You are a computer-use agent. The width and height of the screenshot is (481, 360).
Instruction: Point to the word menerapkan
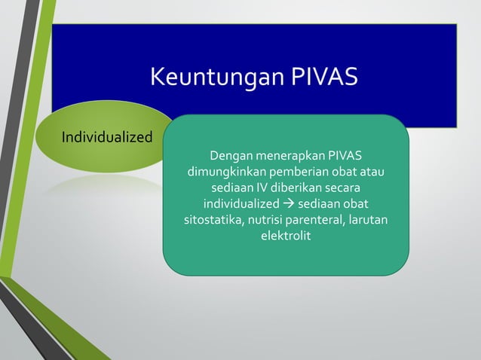tap(290, 156)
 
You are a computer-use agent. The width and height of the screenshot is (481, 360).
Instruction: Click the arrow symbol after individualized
tap(290, 205)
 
